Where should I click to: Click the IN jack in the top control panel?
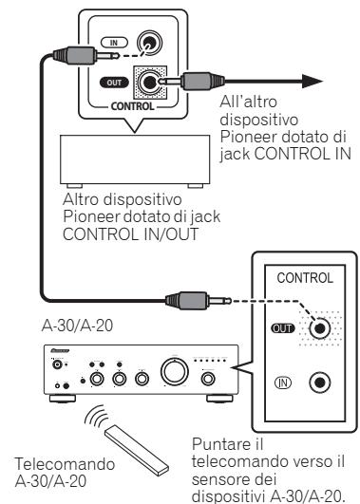149,43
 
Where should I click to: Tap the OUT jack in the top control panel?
149,83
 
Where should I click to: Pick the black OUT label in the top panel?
112,83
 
